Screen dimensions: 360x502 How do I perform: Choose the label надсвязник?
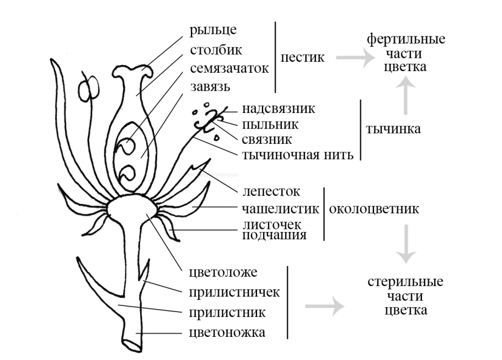click(x=278, y=108)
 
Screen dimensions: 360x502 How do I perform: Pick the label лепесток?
click(x=271, y=191)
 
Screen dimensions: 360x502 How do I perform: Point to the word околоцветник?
click(x=373, y=209)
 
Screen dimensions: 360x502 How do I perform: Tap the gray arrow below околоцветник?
click(x=407, y=243)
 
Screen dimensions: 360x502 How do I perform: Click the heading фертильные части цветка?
click(x=406, y=53)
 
